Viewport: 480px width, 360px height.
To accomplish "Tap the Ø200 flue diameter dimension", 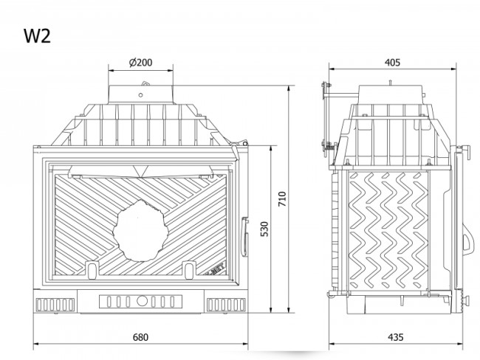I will [x=140, y=63].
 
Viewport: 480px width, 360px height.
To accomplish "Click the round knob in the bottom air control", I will [x=140, y=301].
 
